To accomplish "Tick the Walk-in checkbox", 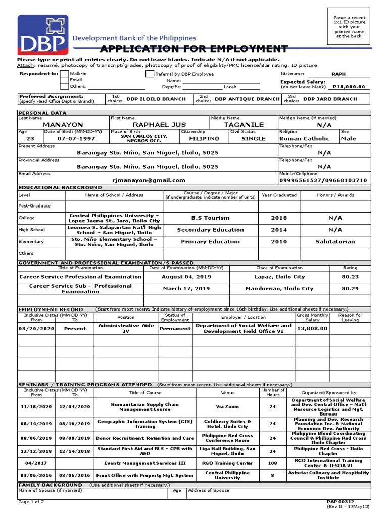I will [64, 74].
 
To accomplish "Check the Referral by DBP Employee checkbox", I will [150, 74].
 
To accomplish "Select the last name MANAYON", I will [63, 125].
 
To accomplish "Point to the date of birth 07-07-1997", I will [76, 138].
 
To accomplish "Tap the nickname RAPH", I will [338, 74].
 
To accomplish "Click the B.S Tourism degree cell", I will [210, 218].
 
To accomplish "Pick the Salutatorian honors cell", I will [335, 242].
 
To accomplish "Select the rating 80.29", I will [350, 289].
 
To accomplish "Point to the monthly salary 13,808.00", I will [312, 328].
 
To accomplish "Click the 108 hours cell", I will [272, 463].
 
